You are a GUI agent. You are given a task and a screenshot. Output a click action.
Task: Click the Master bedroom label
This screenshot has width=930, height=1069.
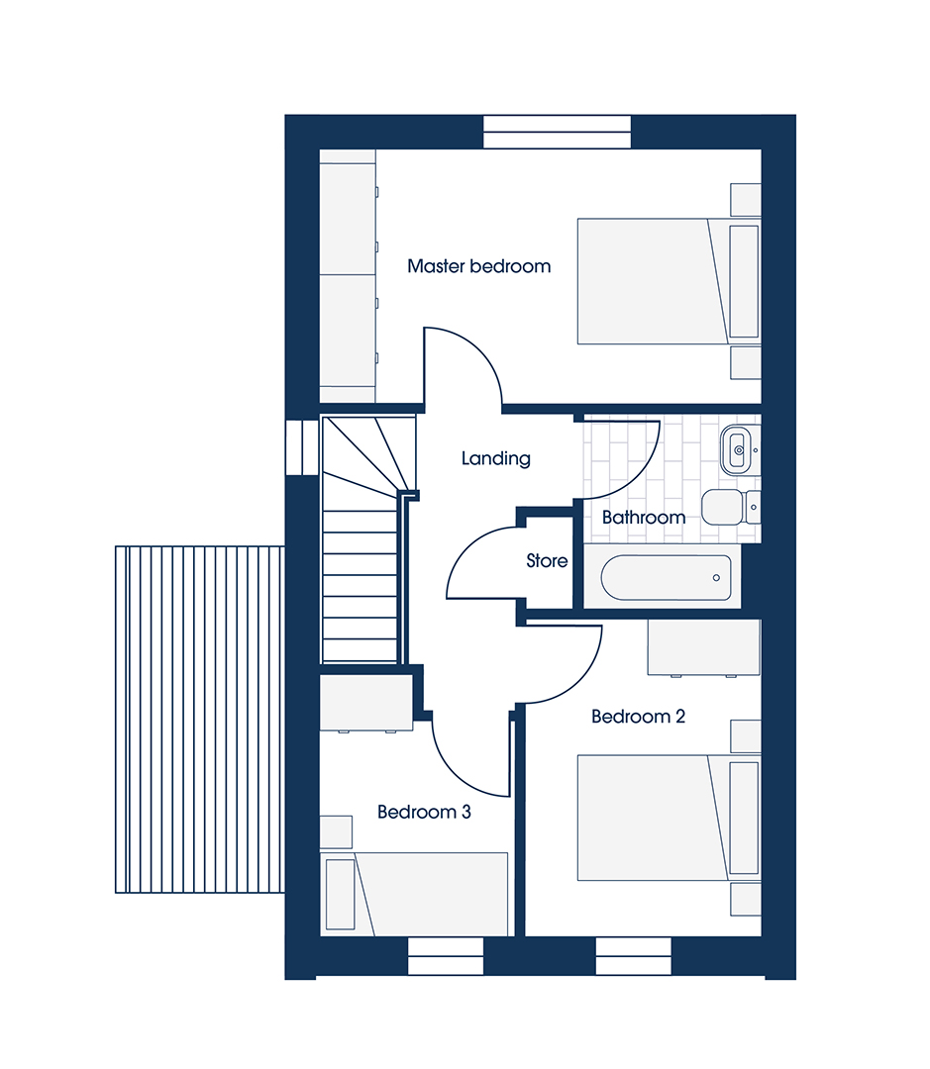478,266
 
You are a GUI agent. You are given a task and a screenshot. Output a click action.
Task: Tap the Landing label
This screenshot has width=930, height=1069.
495,459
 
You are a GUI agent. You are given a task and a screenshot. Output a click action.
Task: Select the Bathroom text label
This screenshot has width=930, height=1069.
644,518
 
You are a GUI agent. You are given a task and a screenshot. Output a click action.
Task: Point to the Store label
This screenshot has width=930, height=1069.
547,561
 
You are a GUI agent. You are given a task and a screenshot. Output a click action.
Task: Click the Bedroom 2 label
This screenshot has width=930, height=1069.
638,717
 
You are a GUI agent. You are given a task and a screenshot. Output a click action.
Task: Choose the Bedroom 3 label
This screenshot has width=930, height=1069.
424,812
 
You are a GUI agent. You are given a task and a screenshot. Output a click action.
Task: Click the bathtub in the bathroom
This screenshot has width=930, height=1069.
666,577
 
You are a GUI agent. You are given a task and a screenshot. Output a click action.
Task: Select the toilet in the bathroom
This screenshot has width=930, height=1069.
731,507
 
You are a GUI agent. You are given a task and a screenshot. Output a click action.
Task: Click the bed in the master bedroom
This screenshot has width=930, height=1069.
669,281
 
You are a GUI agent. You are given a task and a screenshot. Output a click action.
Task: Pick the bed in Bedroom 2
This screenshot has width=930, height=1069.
669,818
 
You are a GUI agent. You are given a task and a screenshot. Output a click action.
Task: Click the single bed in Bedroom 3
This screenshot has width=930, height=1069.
414,894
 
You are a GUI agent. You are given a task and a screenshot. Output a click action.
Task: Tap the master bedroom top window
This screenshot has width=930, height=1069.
557,133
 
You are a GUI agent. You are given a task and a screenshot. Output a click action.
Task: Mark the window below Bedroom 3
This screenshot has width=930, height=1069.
446,956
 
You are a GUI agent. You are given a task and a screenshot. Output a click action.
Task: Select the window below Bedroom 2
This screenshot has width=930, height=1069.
633,956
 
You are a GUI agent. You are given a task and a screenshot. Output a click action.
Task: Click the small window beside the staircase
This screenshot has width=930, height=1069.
302,446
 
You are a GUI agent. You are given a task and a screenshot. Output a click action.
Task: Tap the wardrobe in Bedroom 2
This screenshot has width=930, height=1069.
704,647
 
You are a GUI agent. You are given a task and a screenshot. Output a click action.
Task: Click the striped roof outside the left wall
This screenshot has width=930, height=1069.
200,720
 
